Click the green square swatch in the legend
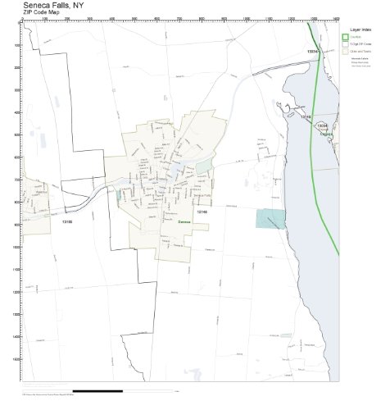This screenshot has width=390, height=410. [345, 36]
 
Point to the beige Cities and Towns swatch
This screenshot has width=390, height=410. [345, 50]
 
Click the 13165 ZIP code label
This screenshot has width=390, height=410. [67, 221]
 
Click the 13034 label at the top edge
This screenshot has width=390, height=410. [312, 52]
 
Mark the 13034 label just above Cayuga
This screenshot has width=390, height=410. [322, 125]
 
